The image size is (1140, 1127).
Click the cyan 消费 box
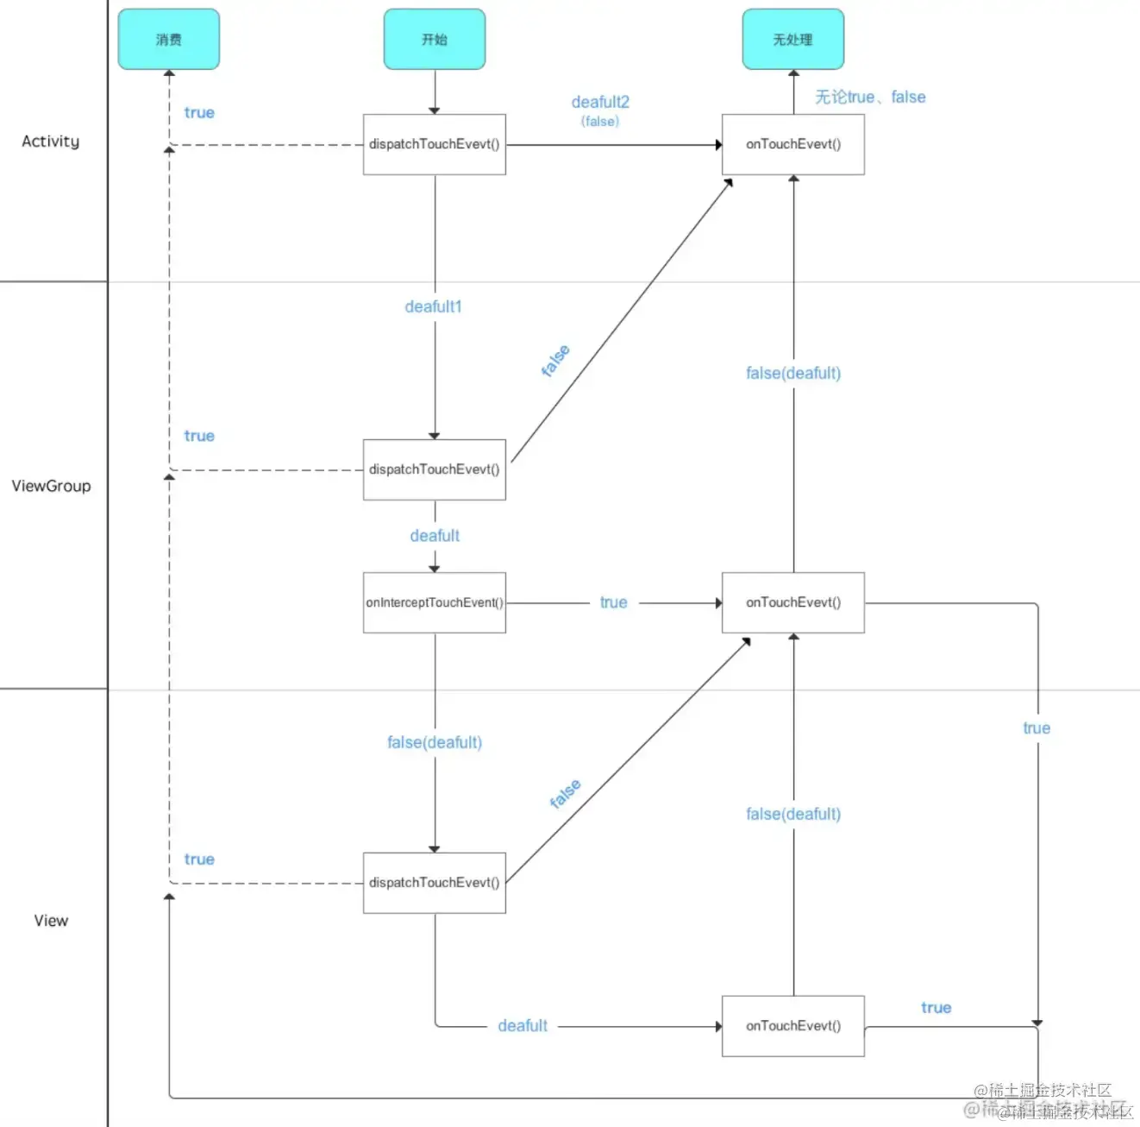point(169,40)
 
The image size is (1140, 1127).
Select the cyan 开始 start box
point(435,40)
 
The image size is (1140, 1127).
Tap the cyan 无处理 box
point(793,40)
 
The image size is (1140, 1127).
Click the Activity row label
point(51,142)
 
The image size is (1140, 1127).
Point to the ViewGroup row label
point(51,486)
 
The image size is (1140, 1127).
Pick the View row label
point(51,921)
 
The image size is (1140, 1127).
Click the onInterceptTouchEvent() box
point(435,602)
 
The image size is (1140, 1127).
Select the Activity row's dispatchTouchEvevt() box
point(435,144)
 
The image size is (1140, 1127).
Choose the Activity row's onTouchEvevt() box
point(793,144)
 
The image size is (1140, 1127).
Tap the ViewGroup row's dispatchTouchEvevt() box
point(435,469)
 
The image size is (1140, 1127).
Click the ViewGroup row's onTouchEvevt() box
point(793,602)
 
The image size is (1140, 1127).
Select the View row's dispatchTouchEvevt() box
point(435,883)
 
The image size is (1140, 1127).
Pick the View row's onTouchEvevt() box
point(793,1026)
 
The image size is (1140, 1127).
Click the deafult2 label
point(600,103)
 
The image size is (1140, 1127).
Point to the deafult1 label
point(434,307)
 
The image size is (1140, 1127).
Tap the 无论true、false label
point(870,98)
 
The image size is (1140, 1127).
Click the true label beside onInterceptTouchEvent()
point(614,602)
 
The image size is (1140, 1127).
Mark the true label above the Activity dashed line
point(199,113)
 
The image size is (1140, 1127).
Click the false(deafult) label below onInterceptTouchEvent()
point(435,742)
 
